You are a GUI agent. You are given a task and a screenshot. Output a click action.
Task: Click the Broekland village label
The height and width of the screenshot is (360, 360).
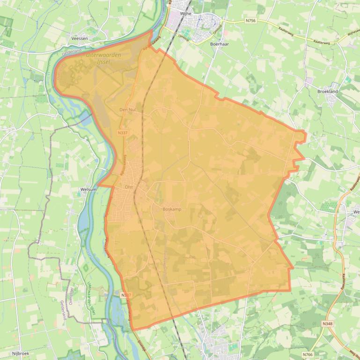[327, 92]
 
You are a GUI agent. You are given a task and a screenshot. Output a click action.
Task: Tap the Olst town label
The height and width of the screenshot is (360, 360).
[129, 187]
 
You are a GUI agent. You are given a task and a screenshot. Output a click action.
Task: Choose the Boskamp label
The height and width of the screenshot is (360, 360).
[172, 209]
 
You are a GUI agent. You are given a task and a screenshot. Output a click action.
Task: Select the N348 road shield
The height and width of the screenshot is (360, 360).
[328, 324]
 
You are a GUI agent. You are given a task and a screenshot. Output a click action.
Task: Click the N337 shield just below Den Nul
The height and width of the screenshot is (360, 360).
[123, 133]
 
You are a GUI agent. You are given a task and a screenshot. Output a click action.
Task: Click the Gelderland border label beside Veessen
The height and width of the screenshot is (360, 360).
[72, 51]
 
